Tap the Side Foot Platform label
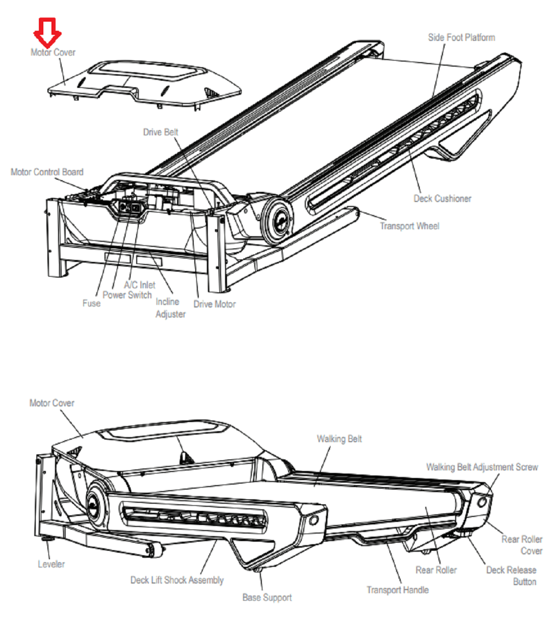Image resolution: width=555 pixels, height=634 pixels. click(461, 37)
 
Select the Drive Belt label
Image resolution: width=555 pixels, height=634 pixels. click(160, 132)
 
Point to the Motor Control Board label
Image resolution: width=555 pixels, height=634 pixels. click(47, 172)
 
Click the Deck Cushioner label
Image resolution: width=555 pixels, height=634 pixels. click(442, 199)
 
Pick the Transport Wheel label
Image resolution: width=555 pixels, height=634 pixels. click(409, 226)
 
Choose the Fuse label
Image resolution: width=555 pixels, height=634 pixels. click(91, 303)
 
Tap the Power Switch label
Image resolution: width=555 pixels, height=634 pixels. click(127, 295)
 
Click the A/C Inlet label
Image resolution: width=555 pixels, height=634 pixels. click(140, 285)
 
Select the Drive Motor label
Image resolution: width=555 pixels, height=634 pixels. click(214, 304)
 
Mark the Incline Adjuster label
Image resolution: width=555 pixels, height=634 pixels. click(170, 308)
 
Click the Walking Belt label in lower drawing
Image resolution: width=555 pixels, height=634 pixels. click(339, 439)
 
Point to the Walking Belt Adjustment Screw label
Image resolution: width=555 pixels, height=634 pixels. click(482, 467)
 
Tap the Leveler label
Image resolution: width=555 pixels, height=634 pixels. click(51, 564)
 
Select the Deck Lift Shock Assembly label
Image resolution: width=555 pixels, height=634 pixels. click(177, 580)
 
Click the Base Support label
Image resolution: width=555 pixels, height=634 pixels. click(267, 598)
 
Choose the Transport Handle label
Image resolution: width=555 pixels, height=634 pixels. click(398, 590)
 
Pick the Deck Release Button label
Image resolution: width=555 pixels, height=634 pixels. click(511, 576)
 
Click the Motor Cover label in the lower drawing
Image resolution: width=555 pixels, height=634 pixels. click(51, 403)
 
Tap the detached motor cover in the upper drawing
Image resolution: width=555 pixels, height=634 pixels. click(146, 83)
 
